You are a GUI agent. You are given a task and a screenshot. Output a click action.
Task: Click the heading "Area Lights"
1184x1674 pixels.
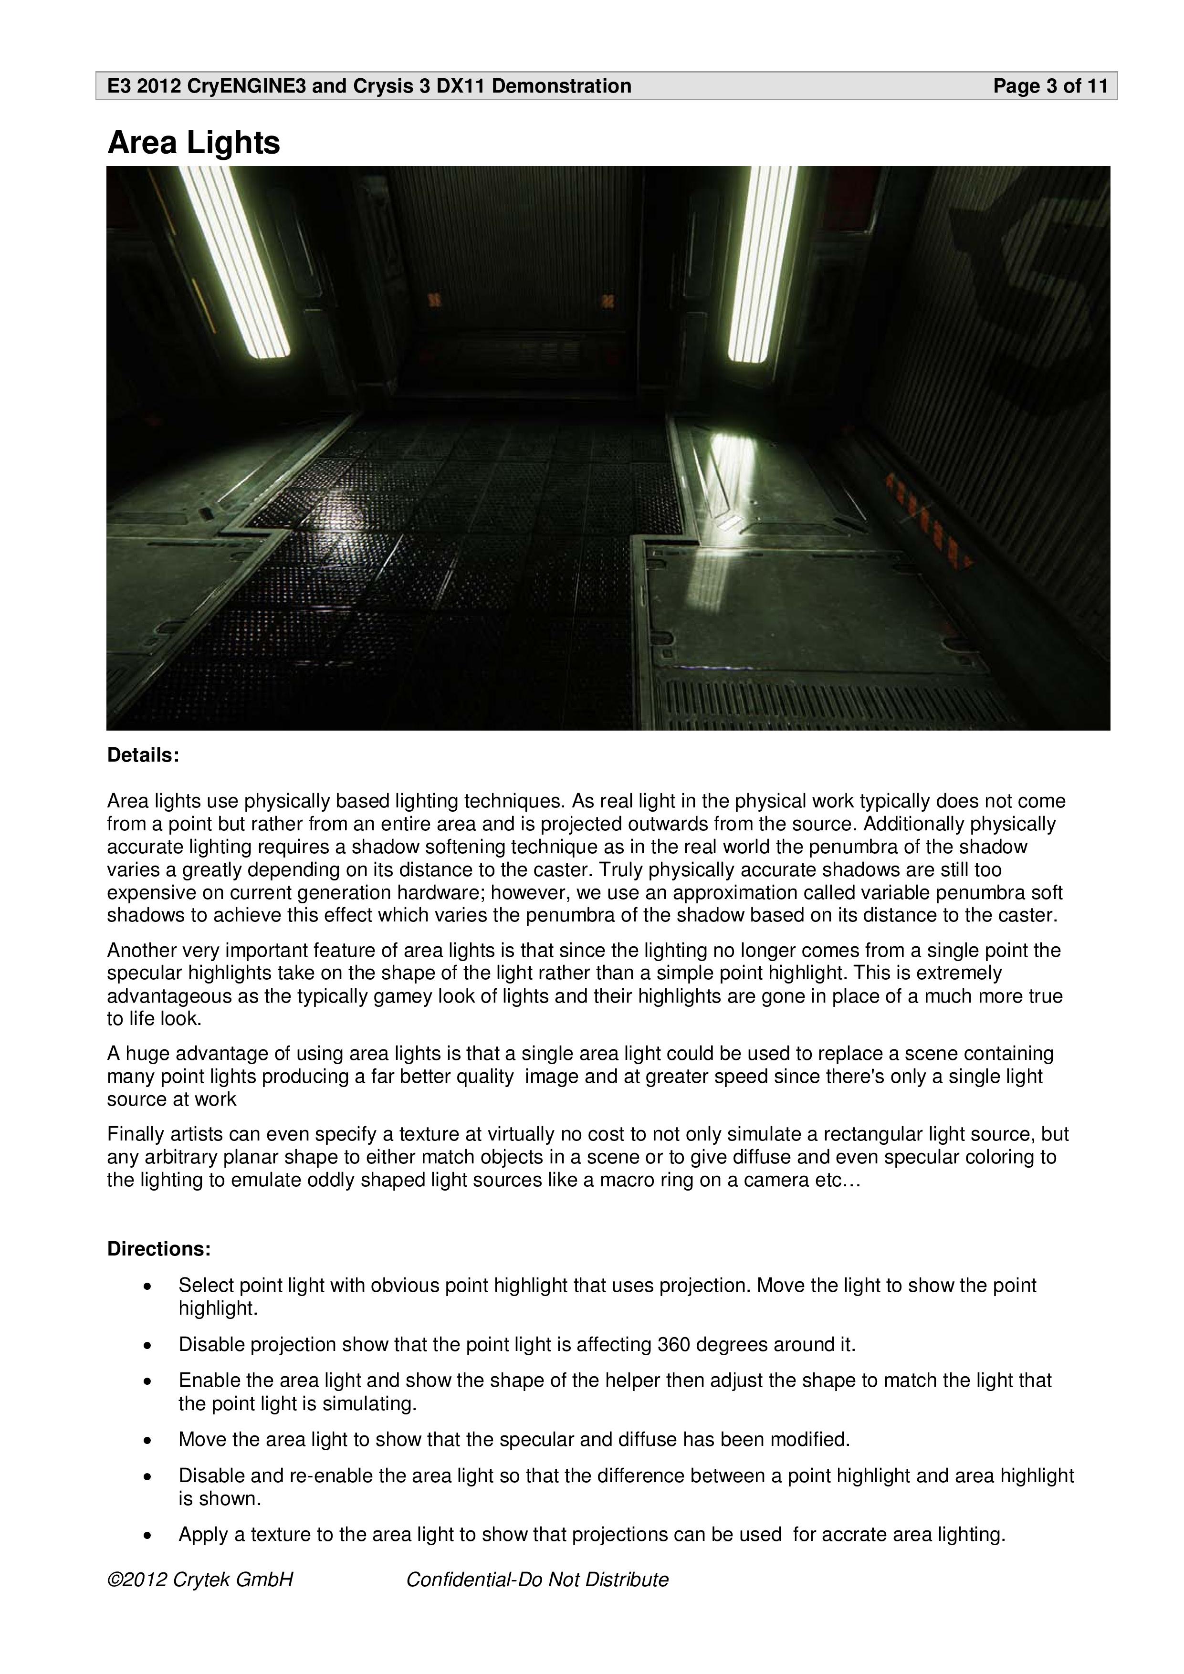click(x=193, y=143)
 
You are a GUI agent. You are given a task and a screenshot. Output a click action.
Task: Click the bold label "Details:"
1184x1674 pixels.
click(x=143, y=755)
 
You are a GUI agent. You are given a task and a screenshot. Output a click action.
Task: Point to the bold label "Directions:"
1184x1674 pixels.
click(x=159, y=1249)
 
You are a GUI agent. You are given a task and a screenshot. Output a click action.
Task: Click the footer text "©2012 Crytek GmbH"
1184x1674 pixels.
click(x=200, y=1579)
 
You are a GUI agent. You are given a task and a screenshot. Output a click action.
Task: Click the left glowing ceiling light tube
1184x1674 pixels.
click(x=233, y=262)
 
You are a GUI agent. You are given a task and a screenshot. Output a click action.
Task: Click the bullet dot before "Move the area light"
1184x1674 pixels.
click(x=148, y=1440)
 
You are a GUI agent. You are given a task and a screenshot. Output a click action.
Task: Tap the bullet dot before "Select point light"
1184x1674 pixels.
click(x=148, y=1286)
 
